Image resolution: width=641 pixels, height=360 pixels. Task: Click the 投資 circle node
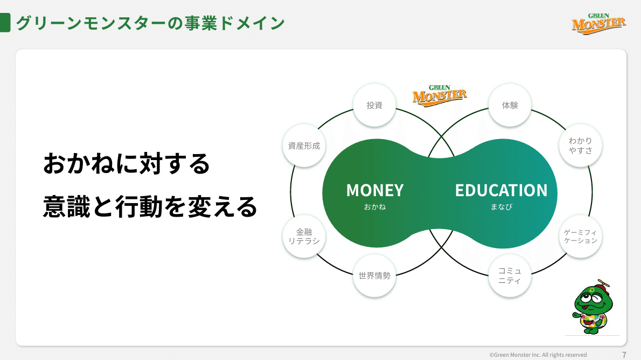[374, 105]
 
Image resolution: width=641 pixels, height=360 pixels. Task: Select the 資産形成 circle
[304, 146]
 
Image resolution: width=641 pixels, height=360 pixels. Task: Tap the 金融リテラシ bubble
[304, 236]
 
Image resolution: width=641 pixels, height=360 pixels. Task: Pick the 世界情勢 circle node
[374, 276]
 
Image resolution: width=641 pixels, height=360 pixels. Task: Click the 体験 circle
[510, 105]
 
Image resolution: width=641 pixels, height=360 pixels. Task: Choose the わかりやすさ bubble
[580, 146]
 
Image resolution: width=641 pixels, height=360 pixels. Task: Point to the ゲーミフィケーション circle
[580, 236]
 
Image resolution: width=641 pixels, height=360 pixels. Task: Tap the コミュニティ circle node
[510, 276]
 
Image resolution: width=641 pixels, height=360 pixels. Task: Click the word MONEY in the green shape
[374, 190]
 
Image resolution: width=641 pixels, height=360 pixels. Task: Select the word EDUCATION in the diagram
[501, 190]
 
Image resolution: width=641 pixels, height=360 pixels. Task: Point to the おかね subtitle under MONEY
[374, 206]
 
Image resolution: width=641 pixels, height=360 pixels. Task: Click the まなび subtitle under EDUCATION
[501, 206]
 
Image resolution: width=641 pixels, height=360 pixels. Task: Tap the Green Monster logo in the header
[598, 23]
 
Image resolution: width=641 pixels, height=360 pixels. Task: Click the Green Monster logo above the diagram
[439, 96]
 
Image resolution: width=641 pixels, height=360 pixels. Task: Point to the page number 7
[624, 355]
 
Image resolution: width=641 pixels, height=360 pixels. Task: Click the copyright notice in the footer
[538, 355]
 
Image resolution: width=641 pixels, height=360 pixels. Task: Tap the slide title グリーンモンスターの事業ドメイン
[150, 23]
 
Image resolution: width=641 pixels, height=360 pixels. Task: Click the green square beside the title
[5, 23]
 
